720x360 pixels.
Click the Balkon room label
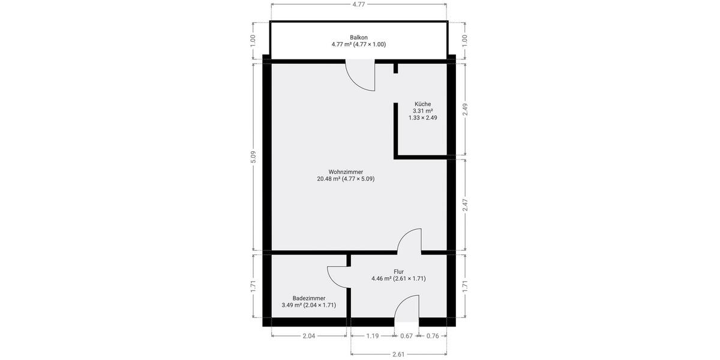click(x=359, y=37)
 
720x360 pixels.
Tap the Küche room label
click(x=422, y=104)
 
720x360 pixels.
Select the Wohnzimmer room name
click(x=346, y=172)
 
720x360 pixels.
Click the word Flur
click(x=398, y=271)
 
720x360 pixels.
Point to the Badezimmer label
click(x=309, y=298)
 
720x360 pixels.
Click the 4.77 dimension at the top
click(x=358, y=4)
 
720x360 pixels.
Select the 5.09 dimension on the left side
click(x=253, y=157)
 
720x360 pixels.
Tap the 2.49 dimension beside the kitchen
click(x=465, y=109)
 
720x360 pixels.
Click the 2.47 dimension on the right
click(x=465, y=206)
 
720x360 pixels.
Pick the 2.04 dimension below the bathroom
click(x=308, y=336)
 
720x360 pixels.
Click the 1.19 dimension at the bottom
click(x=373, y=336)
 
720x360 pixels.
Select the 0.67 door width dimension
click(x=406, y=336)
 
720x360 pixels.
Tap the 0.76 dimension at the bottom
click(x=432, y=336)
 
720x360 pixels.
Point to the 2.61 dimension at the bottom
click(x=398, y=354)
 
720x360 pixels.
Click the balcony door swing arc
click(x=362, y=78)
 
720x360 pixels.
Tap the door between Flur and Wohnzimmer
click(x=410, y=240)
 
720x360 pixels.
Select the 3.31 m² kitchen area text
click(x=422, y=111)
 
